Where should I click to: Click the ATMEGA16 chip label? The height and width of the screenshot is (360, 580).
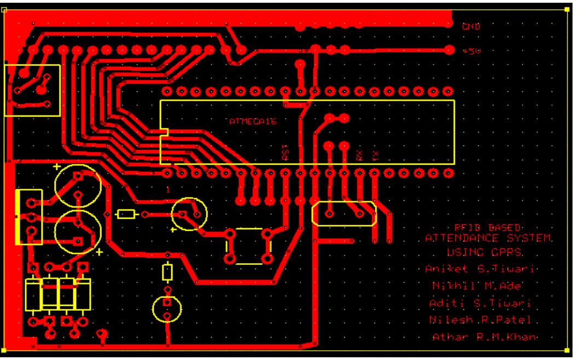[253, 122]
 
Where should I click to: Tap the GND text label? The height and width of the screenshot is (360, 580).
[471, 26]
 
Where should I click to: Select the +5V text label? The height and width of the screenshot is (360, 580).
[471, 50]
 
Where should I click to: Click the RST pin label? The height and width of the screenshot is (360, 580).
[285, 152]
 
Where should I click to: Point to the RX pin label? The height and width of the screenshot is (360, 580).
[359, 155]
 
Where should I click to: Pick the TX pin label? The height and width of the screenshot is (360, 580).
[375, 155]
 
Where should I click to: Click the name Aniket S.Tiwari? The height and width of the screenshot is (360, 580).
[479, 269]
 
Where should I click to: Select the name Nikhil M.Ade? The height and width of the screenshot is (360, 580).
[477, 286]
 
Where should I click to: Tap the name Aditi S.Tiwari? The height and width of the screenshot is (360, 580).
[483, 303]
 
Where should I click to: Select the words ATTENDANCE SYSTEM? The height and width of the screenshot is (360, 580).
[489, 239]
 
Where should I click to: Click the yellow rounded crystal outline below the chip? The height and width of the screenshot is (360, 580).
[344, 213]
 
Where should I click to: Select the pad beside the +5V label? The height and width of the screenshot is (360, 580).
[449, 49]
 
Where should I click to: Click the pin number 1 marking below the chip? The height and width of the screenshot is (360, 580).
[168, 189]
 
